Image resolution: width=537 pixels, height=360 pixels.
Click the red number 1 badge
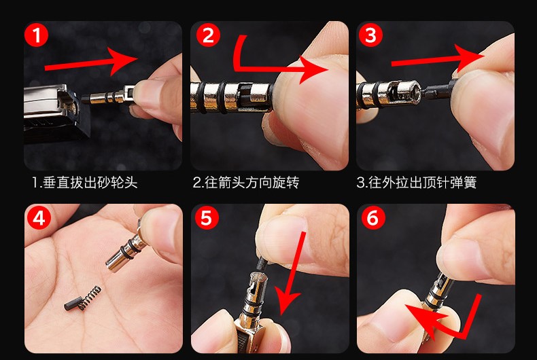pos(36,35)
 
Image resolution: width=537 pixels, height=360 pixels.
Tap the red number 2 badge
pos(208,35)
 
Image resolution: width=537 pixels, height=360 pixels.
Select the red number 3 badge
pos(370,35)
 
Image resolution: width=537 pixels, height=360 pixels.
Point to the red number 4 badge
pos(39,217)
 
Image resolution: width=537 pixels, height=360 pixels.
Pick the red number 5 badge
pos(207,217)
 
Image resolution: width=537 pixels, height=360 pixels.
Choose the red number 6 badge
pos(373,217)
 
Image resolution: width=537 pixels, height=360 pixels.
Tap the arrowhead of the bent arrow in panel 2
pos(312,70)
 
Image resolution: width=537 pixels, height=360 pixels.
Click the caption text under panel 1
pos(85,183)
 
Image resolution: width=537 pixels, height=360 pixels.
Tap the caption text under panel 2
pos(246,183)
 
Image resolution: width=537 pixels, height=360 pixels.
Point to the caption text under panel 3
pos(417,183)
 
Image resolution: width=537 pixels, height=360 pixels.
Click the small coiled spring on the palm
pos(90,297)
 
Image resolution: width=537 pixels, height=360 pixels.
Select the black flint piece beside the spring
pos(72,303)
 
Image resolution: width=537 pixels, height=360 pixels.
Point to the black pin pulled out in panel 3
pos(439,89)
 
